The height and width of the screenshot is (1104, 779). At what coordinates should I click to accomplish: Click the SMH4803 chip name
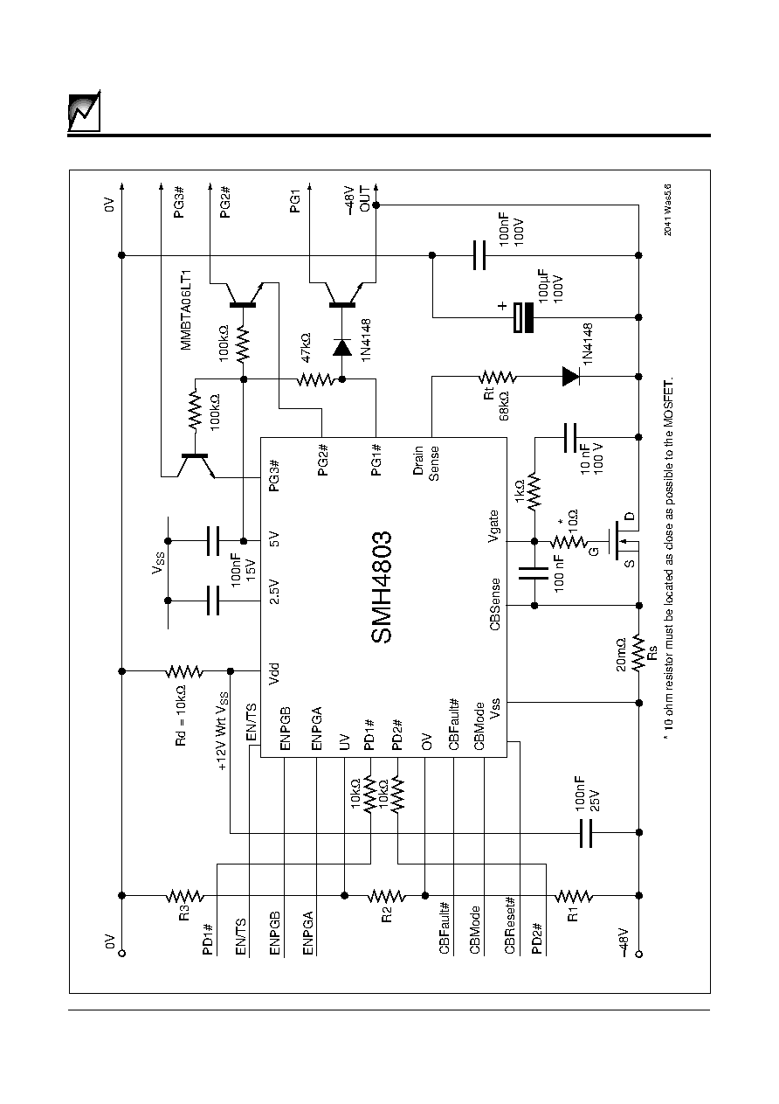381,587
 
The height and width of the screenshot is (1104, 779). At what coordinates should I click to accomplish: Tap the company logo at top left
84,113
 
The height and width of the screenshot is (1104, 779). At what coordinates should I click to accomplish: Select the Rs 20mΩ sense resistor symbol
638,654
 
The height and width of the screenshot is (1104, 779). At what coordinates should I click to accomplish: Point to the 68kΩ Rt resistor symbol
497,378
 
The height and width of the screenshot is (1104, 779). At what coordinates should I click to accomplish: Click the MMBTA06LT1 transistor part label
186,310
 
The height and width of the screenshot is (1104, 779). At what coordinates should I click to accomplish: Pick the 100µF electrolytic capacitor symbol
523,317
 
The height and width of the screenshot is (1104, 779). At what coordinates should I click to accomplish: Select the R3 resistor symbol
184,895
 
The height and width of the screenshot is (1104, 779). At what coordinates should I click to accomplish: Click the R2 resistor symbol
387,895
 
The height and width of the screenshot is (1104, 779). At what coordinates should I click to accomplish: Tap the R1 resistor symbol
574,895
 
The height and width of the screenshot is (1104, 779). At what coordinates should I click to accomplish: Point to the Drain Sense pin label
426,463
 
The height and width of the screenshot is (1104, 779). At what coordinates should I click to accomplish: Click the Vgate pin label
494,526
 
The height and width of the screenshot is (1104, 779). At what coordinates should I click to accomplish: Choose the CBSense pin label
495,604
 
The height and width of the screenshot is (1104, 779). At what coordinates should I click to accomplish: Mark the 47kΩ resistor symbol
316,379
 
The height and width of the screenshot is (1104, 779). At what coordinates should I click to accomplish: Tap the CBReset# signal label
510,925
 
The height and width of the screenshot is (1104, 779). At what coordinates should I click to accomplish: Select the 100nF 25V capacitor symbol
586,832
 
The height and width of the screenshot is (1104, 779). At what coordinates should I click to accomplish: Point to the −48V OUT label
357,200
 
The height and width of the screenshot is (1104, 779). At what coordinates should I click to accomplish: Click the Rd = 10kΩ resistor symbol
184,671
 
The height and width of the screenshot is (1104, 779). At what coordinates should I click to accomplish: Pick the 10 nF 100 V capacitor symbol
570,437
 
